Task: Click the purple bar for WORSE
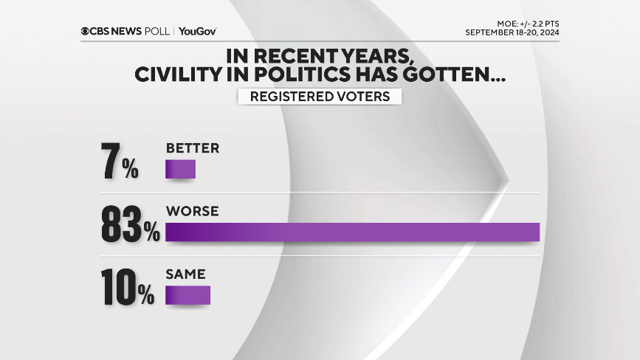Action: pyautogui.click(x=353, y=232)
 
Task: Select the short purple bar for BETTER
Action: pyautogui.click(x=180, y=169)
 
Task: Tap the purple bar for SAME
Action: pyautogui.click(x=187, y=295)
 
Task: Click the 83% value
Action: pyautogui.click(x=130, y=225)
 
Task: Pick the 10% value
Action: pyautogui.click(x=126, y=288)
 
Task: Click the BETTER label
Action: pyautogui.click(x=193, y=148)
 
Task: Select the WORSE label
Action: pyautogui.click(x=192, y=211)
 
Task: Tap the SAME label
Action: pyautogui.click(x=185, y=274)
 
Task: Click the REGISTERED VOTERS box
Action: pyautogui.click(x=319, y=97)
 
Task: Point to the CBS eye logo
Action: pyautogui.click(x=86, y=32)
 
